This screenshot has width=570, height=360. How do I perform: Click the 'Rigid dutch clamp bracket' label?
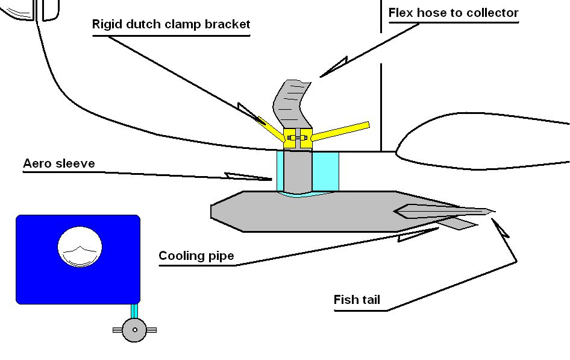click(171, 25)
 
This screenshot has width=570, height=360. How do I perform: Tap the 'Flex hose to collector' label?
click(453, 13)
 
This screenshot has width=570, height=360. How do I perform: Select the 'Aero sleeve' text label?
click(59, 164)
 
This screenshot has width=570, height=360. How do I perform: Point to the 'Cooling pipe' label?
click(196, 256)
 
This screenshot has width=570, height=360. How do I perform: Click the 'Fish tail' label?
click(357, 300)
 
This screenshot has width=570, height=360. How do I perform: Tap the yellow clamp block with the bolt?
click(298, 138)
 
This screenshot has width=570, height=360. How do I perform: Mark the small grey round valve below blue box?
click(134, 330)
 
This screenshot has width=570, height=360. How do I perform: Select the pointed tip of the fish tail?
click(492, 211)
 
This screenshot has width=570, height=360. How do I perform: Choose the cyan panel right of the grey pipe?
click(325, 171)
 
